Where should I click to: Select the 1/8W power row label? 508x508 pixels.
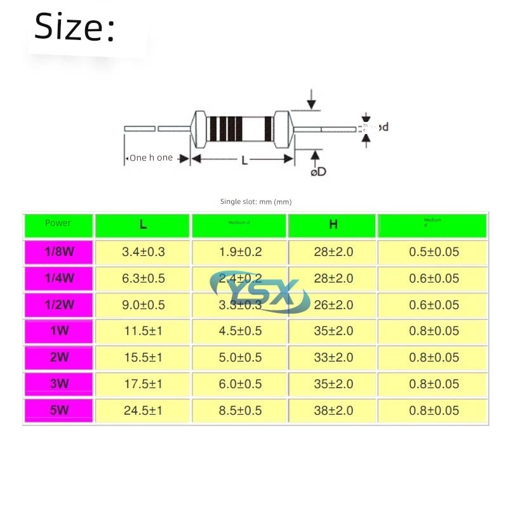pos(59,251)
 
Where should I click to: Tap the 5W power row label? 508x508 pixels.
pos(59,410)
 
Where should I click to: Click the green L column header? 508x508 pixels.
pos(143,225)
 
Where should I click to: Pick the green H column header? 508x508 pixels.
pos(333,225)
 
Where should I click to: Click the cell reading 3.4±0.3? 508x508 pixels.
pos(143,251)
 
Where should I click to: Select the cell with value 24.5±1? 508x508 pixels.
pos(143,410)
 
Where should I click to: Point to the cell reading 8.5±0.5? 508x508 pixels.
pos(240,410)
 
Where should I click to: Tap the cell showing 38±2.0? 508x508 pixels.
pos(333,410)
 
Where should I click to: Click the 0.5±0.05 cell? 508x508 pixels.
pos(434,251)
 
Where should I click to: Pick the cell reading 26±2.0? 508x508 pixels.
pos(333,304)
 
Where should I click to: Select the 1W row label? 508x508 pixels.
pos(59,331)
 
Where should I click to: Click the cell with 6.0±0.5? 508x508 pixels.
pos(240,384)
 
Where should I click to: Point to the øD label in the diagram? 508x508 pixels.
pos(318,172)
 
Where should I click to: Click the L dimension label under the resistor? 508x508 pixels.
pos(244,161)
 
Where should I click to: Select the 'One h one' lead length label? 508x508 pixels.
pos(150,157)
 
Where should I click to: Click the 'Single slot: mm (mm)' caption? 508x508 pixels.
pos(255,202)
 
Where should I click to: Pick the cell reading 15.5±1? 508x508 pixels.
pos(143,358)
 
